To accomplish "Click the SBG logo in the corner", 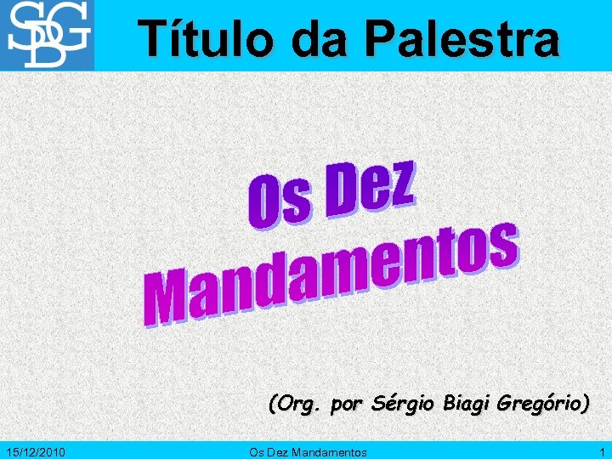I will point(48,35).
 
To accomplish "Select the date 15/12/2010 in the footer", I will point(37,452).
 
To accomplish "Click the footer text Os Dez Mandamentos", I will point(308,452).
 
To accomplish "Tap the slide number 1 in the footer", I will point(602,452).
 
